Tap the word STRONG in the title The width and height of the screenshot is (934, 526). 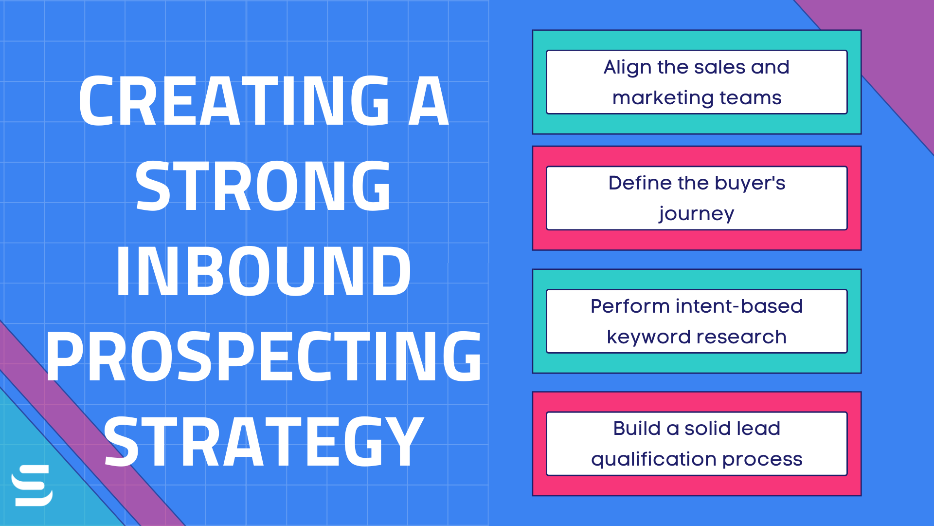pos(263,186)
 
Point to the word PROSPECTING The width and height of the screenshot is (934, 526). pos(263,356)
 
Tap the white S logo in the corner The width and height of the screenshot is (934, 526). pos(32,486)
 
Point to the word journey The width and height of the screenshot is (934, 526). pos(696,214)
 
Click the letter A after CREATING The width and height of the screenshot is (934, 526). pos(428,101)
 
